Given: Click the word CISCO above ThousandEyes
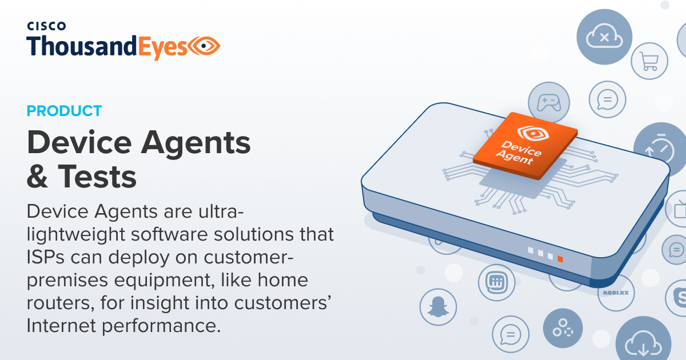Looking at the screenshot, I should tap(47, 26).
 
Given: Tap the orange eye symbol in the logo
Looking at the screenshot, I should tap(205, 45).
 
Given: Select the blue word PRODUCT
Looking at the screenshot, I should tap(64, 111).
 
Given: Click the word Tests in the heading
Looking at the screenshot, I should tap(97, 177).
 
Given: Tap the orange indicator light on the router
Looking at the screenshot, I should tap(560, 259).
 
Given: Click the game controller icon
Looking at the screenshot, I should tap(548, 103).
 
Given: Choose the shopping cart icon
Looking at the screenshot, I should tap(649, 61).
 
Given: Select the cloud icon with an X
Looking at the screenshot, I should tap(604, 38).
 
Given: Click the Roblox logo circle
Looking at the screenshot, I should tap(616, 293).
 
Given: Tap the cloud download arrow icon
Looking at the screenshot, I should tap(643, 343).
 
